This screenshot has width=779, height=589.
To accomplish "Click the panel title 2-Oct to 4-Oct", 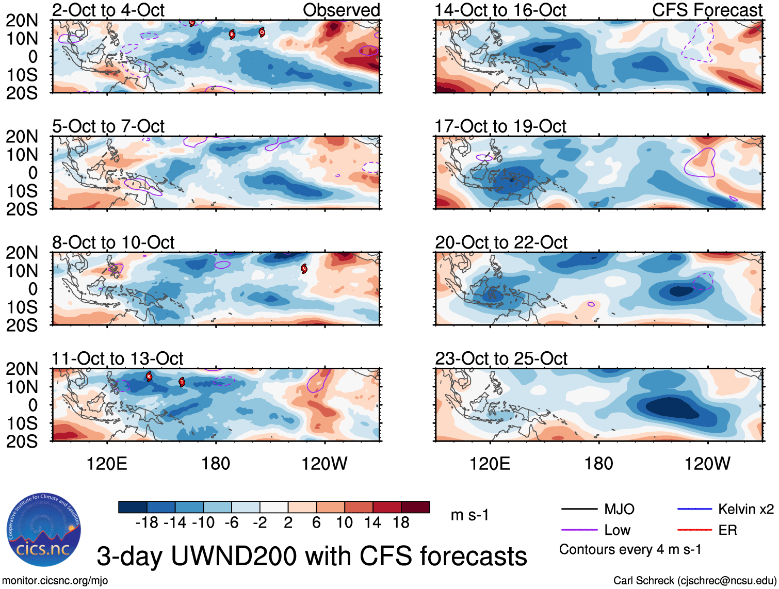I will (x=108, y=10).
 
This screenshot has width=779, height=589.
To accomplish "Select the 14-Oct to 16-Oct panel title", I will (x=500, y=10).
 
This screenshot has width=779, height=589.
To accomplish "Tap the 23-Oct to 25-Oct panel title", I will (x=501, y=358).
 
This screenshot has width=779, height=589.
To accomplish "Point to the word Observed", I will (x=342, y=10).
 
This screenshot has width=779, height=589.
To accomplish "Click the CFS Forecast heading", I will (x=707, y=10).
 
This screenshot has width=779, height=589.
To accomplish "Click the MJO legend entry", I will (x=619, y=510).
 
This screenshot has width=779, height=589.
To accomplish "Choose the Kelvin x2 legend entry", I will (x=745, y=510).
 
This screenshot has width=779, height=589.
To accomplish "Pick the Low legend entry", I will (x=617, y=530).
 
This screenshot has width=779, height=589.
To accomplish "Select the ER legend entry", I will (x=727, y=530).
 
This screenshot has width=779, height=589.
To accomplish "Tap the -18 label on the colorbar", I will (x=147, y=523).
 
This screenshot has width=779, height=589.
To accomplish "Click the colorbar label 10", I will (x=344, y=523).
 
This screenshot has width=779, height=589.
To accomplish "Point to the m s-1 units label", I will (x=469, y=515).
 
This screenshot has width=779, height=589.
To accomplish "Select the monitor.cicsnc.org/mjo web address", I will (x=55, y=581).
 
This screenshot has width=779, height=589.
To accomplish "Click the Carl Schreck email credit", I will (x=694, y=581).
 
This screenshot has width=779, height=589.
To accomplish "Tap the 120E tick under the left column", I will (x=107, y=464).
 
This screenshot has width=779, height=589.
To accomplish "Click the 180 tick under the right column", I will (x=598, y=464).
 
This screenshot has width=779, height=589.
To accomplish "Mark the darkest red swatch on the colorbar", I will (x=415, y=507).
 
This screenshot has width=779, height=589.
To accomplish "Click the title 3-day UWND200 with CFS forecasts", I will (x=312, y=557).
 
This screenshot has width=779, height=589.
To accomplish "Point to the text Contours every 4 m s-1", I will (x=630, y=550).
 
